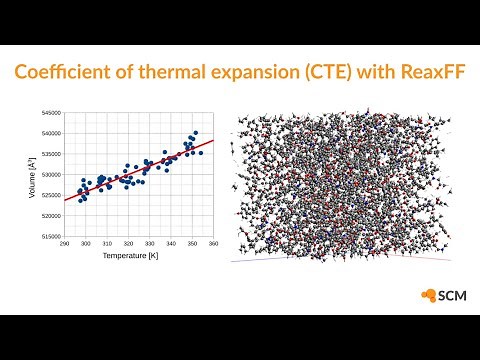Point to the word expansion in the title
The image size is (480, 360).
pos(262,74)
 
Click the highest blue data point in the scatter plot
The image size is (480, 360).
pos(196,132)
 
